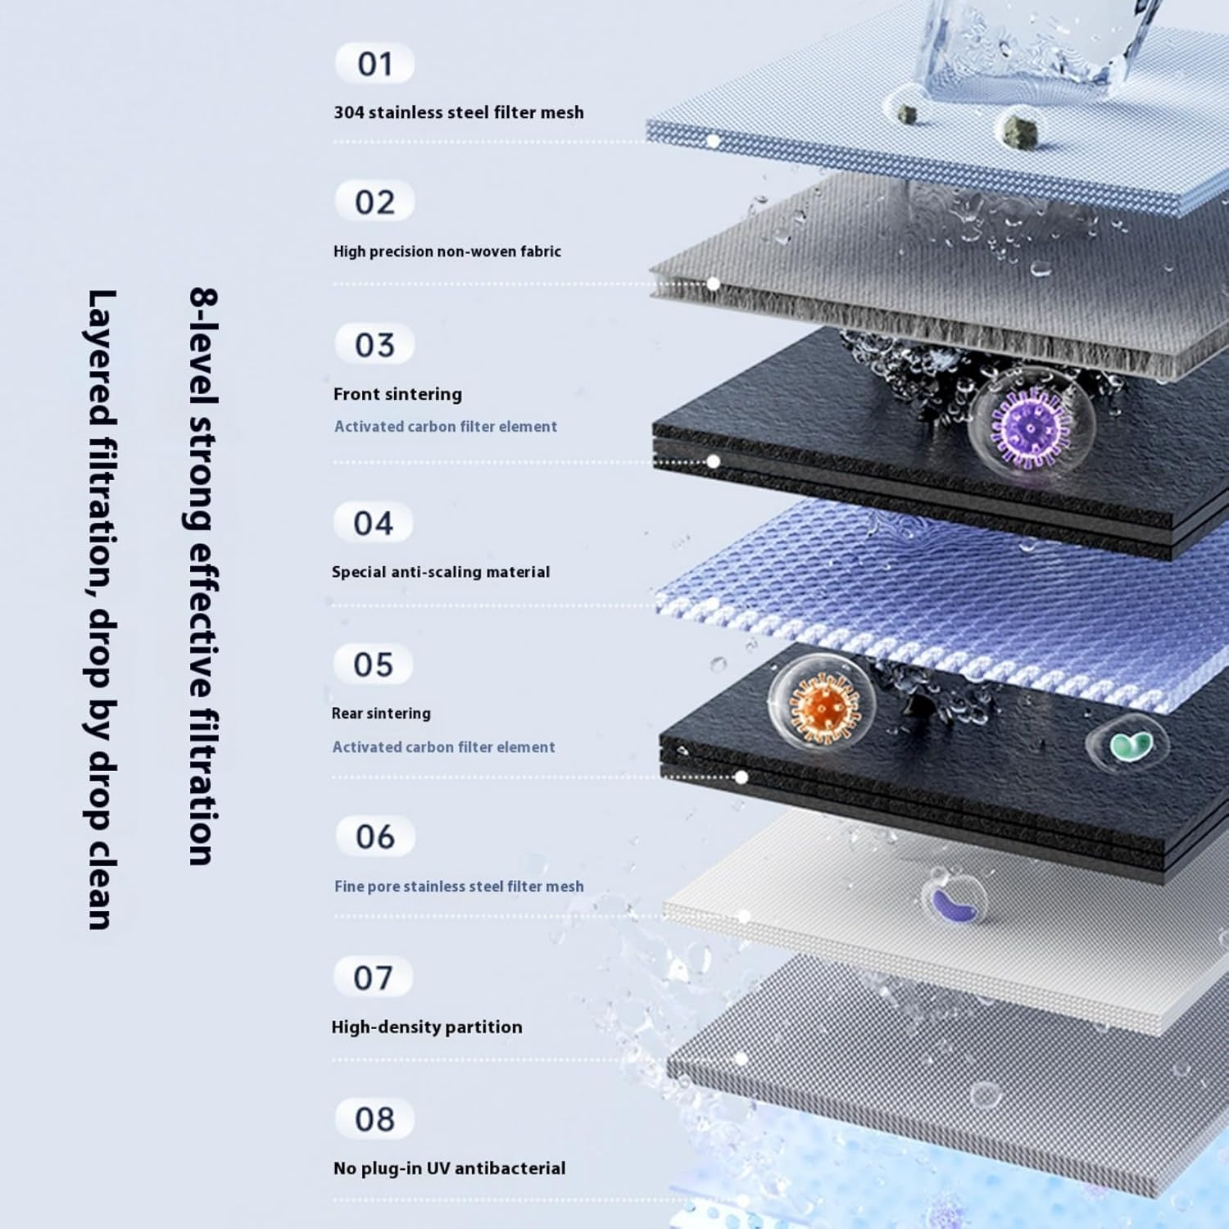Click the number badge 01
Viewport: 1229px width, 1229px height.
click(374, 64)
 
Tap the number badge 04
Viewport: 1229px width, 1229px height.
click(373, 523)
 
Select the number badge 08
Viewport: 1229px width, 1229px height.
click(374, 1119)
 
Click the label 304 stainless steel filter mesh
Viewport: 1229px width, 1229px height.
click(459, 112)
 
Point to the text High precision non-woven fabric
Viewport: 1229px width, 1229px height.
click(447, 252)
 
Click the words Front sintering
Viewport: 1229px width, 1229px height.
click(397, 394)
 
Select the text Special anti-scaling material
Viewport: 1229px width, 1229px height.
click(441, 572)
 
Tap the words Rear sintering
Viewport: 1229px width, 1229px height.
click(381, 713)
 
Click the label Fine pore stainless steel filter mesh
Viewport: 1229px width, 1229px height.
click(459, 887)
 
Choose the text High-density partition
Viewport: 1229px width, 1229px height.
click(427, 1027)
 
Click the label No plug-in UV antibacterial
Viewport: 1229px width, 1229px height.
click(449, 1168)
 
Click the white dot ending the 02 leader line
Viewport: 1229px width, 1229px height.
click(713, 283)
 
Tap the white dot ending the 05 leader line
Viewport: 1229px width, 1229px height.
click(741, 777)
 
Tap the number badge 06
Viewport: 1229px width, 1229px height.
click(374, 837)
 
